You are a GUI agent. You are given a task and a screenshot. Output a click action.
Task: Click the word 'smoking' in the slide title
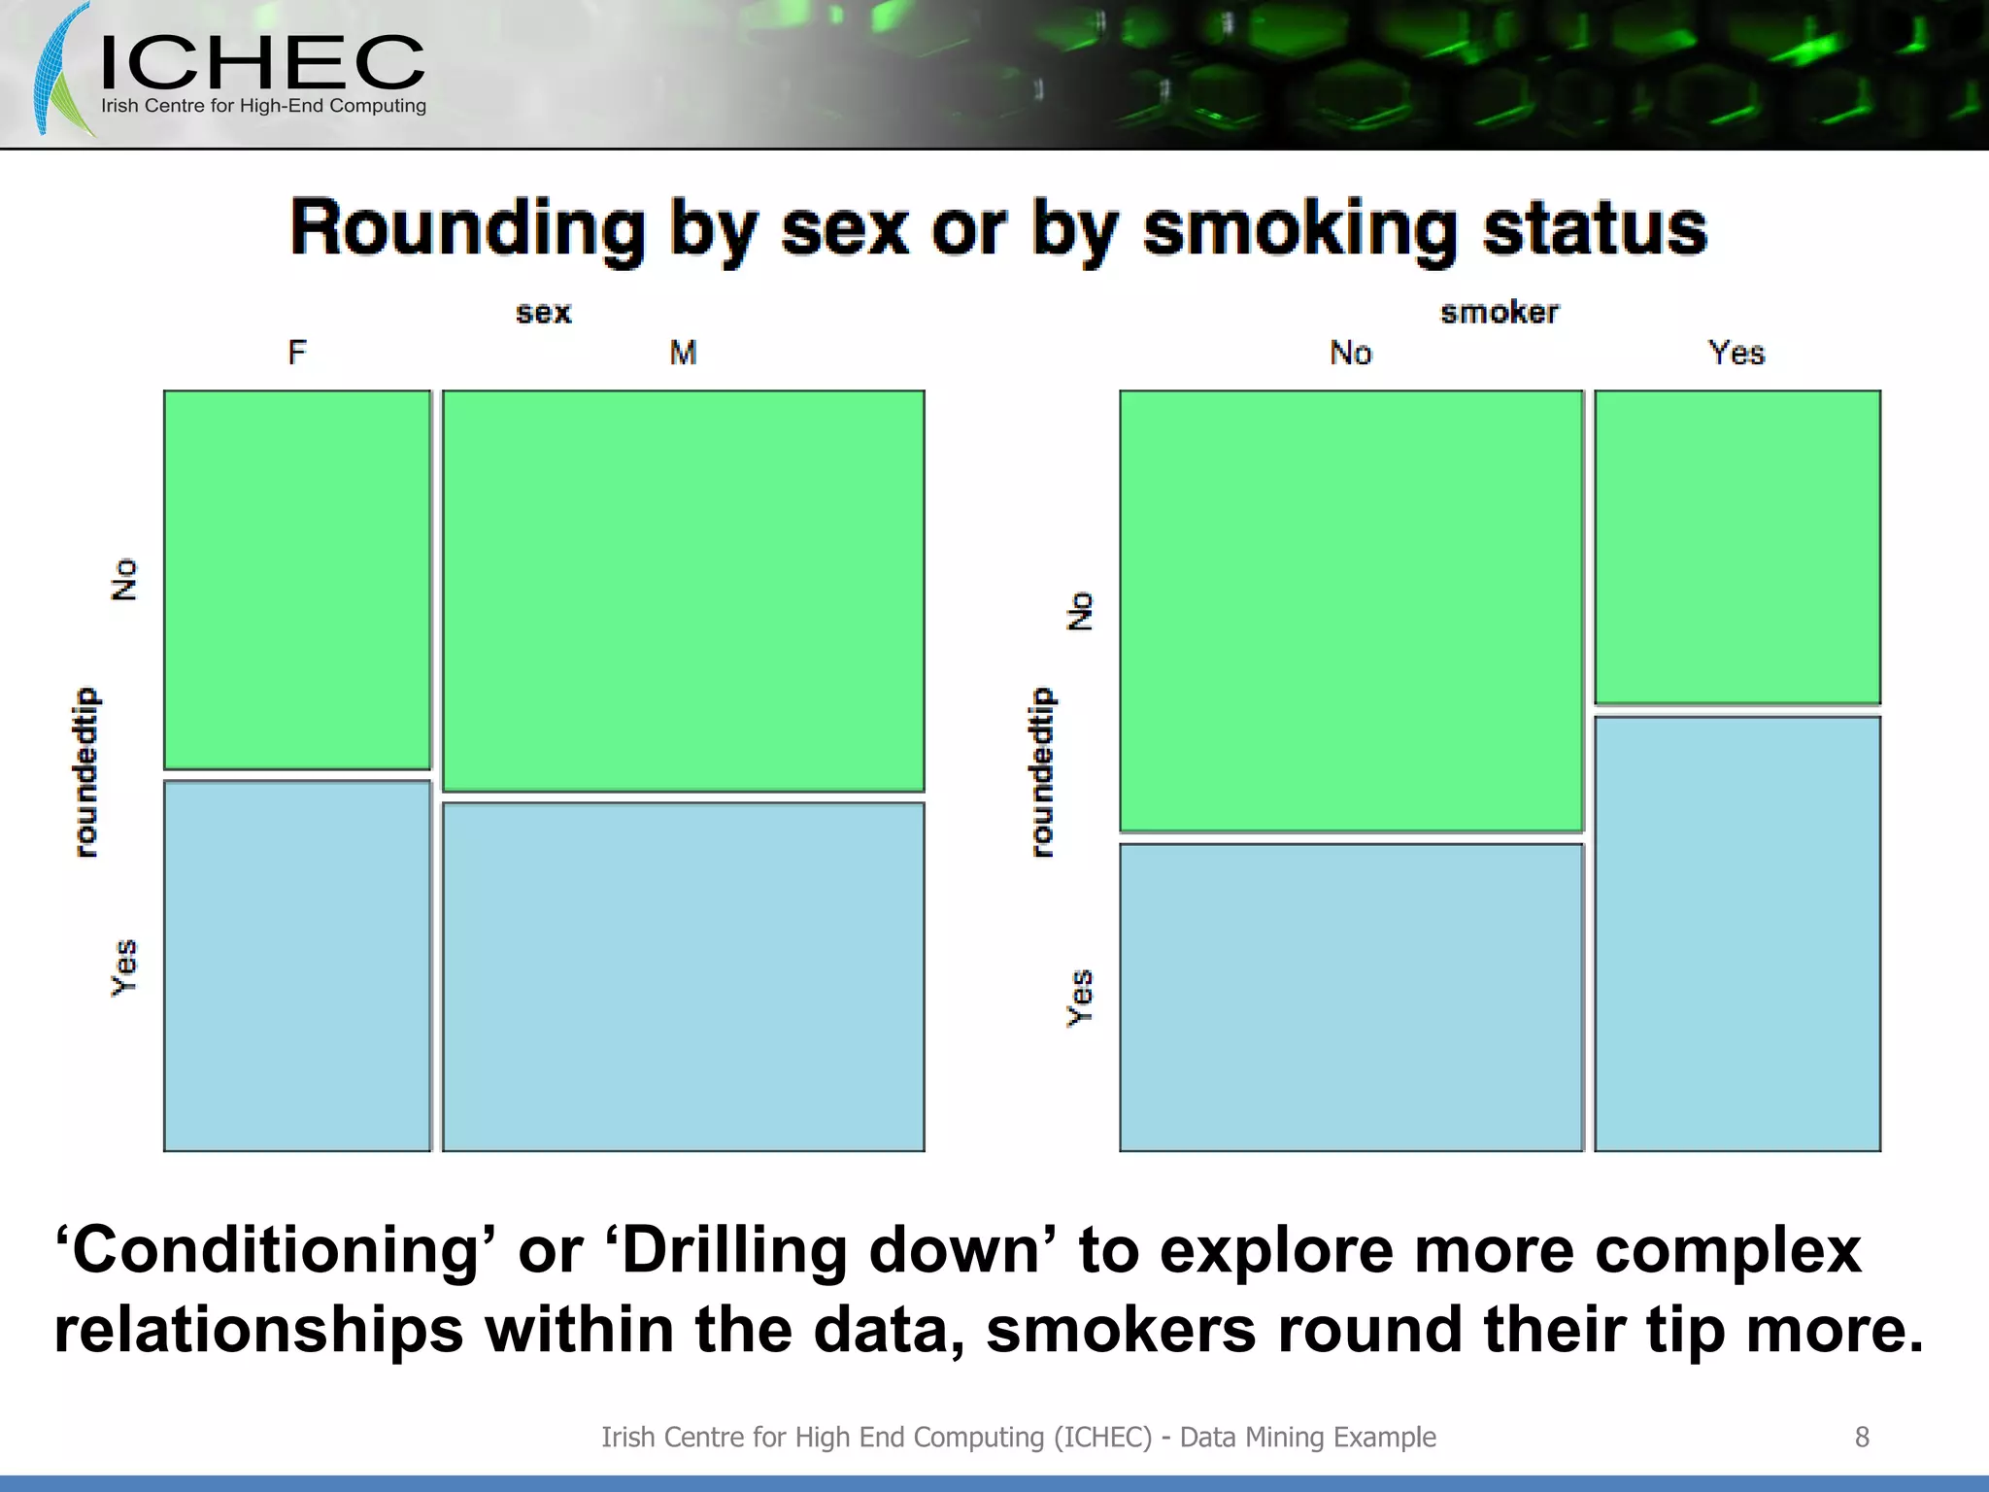(x=1300, y=230)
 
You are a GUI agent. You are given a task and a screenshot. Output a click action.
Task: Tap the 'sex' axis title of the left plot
(x=543, y=313)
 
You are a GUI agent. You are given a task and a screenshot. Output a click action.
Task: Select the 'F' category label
(x=297, y=352)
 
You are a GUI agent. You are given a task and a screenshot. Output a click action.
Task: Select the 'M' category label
(x=683, y=352)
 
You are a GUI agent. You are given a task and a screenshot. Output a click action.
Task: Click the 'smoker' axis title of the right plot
(x=1499, y=313)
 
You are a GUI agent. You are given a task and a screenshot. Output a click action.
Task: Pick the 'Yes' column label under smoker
(x=1736, y=353)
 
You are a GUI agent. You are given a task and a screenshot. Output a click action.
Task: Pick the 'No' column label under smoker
(x=1350, y=353)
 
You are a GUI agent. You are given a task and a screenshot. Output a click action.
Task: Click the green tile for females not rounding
(x=297, y=580)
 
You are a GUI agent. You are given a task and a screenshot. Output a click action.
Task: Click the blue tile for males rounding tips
(x=683, y=976)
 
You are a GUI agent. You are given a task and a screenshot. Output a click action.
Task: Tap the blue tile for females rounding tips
(x=297, y=966)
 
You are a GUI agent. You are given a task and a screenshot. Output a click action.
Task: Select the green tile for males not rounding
(x=683, y=591)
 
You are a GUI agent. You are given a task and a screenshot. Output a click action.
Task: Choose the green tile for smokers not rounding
(x=1736, y=547)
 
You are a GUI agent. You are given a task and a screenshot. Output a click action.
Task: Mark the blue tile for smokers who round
(x=1736, y=933)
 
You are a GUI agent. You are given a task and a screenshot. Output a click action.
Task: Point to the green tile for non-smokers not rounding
(x=1350, y=611)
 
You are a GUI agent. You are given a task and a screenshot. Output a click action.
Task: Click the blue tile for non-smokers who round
(x=1350, y=997)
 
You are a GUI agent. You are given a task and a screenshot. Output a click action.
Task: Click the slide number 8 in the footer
(x=1861, y=1437)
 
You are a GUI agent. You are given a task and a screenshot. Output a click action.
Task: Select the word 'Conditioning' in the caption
(x=277, y=1251)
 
